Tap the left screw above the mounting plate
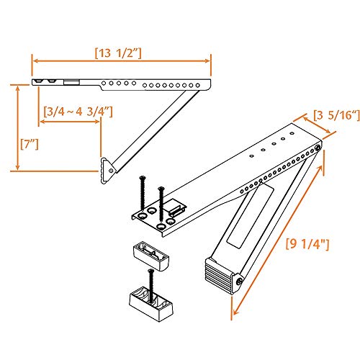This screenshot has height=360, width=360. pyautogui.click(x=143, y=190)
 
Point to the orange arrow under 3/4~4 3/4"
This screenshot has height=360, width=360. pyautogui.click(x=71, y=122)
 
